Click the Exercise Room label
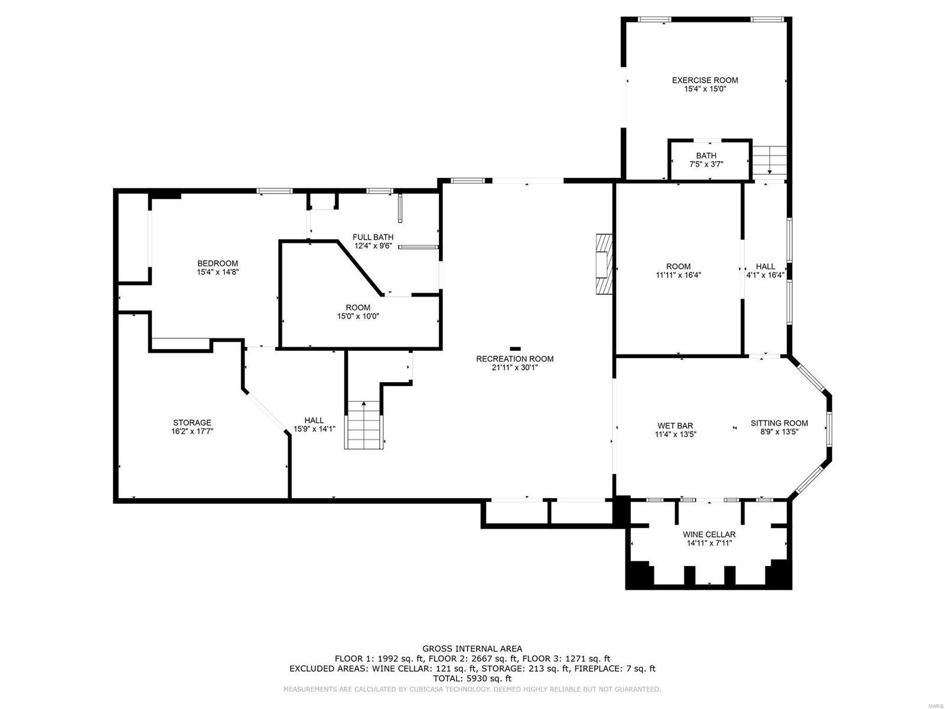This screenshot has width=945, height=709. point(705,80)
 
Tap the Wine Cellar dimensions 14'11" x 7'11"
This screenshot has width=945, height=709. point(709,543)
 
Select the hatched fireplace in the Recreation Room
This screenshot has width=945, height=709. point(604,264)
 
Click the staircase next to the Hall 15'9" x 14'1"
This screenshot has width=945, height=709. point(364,425)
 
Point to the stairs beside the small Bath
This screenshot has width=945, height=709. point(770,159)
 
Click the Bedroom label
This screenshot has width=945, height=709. point(217,264)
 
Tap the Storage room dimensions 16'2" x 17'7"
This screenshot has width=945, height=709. point(192,431)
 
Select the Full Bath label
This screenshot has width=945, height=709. point(373,238)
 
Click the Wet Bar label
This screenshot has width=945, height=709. point(675,425)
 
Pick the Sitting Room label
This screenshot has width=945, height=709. point(779,423)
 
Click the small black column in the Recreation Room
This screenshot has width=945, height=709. point(516,348)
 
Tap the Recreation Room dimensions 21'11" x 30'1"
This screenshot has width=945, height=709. point(515,367)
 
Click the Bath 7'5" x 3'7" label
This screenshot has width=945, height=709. point(706,156)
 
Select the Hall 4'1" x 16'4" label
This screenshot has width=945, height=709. point(765,266)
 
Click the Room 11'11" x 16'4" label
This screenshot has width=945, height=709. point(678,266)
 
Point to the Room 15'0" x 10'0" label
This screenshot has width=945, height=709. point(358,308)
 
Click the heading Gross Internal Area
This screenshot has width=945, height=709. point(472,649)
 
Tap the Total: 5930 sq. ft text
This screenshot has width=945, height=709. point(472,679)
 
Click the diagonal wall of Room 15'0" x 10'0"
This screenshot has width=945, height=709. point(359,266)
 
